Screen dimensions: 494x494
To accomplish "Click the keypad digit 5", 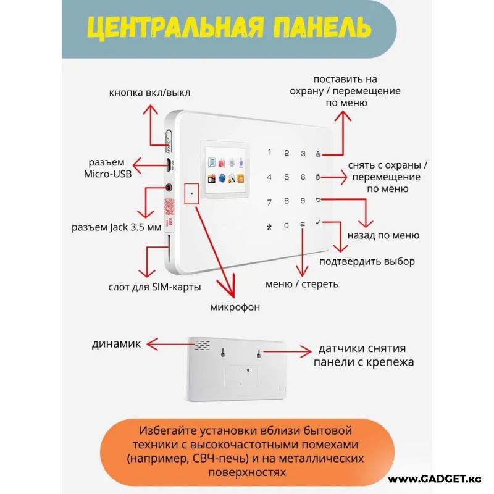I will pos(286,177).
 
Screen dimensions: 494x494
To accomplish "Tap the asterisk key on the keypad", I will pos(269,226).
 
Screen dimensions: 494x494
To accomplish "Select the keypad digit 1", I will pos(269,153).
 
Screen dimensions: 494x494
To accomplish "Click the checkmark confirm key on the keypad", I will pos(318,222).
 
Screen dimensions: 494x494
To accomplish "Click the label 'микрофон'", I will pos(235,307).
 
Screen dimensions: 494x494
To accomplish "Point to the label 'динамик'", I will pos(117,344).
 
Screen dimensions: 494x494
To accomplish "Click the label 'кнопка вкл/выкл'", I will pos(149,93).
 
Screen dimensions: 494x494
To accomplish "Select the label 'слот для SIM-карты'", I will pos(154,287).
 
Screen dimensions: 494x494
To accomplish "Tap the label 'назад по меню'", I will pos(383,235).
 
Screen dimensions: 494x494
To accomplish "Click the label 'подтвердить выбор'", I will pos(367,261).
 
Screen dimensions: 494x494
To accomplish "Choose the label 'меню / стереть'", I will pos(302,285).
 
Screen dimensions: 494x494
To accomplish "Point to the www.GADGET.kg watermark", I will pos(435,479).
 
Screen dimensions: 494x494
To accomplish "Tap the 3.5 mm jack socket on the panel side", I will pos(169,186).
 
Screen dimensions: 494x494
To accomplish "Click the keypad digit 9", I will pos(303,201).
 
